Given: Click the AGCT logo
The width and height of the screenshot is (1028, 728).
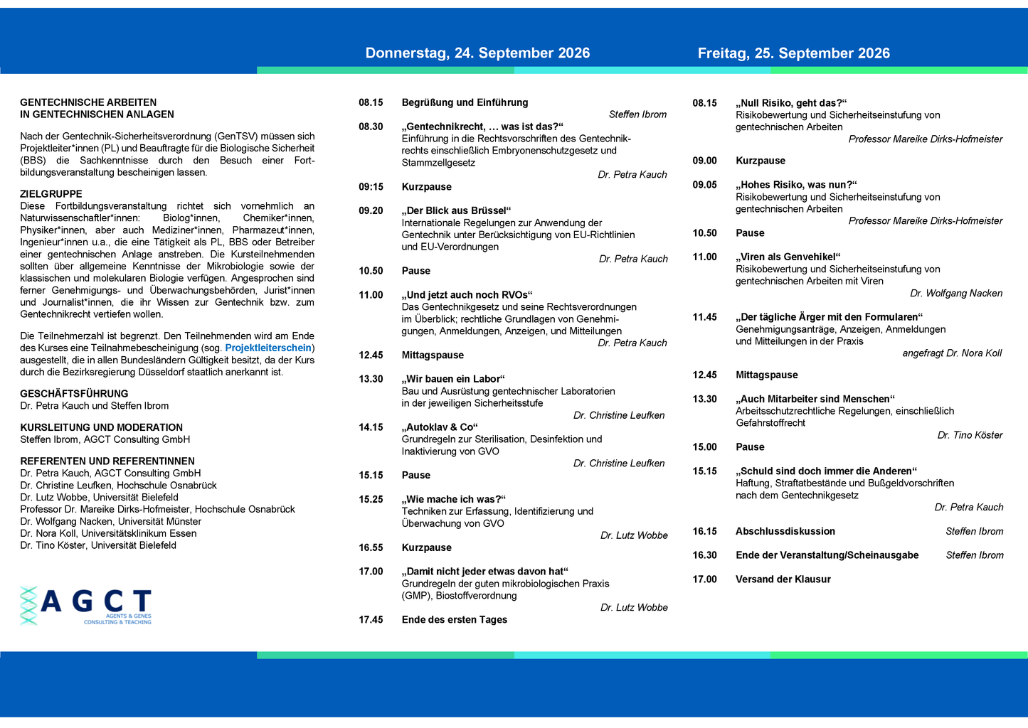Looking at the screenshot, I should click(86, 606).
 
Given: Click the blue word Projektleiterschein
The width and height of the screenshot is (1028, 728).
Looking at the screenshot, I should click(268, 348).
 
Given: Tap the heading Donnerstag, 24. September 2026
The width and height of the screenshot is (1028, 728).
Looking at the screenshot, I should click(477, 53).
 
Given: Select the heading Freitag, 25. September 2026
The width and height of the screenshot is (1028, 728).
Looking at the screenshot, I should click(793, 53).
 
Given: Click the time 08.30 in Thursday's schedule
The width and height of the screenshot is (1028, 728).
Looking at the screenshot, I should click(371, 127).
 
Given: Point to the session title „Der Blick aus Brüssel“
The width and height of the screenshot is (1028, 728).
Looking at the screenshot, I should click(456, 210).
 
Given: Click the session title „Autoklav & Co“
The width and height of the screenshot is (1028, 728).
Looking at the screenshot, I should click(439, 427).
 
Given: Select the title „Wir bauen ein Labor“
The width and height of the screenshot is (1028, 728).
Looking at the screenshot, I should click(453, 379).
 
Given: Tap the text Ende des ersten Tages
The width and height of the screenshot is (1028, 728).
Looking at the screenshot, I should click(454, 620).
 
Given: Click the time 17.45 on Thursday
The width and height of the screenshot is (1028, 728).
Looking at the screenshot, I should click(371, 620).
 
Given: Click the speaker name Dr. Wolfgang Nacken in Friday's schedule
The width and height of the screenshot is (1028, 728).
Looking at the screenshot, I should click(955, 293).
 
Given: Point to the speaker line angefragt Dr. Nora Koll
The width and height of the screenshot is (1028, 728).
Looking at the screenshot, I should click(952, 353).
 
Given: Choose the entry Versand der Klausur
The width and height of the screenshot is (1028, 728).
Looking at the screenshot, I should click(783, 579).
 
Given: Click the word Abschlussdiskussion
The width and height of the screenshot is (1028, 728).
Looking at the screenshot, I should click(785, 531).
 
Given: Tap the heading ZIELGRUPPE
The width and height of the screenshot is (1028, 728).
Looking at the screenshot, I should click(51, 194).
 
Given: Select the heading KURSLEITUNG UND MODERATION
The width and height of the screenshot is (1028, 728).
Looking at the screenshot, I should click(101, 427).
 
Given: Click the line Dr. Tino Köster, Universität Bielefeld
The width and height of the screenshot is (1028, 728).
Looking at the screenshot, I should click(98, 545).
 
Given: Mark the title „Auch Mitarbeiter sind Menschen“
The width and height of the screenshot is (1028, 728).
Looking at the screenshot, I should click(815, 399).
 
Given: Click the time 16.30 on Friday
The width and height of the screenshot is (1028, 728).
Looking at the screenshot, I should click(704, 555).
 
